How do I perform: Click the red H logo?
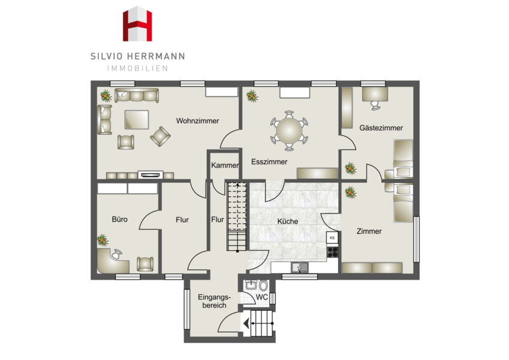pos(137,24)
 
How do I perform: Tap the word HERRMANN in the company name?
pos(156,56)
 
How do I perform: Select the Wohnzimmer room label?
pos(197,121)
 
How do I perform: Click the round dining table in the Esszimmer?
pos(289,131)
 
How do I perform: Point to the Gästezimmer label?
pos(381,128)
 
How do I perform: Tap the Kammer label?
pos(225,166)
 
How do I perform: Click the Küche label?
pos(288,221)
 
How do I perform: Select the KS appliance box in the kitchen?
pos(332,238)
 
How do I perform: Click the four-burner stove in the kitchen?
pos(332,252)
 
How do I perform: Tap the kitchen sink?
pos(300,268)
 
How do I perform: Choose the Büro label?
pos(119,220)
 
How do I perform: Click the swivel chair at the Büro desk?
pos(116,254)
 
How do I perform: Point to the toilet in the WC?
pos(263,286)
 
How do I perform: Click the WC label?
pos(261,297)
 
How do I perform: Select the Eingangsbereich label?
pos(214,301)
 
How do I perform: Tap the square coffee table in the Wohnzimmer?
pos(137,119)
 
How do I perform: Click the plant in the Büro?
pos(103,240)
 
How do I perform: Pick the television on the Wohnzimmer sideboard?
pos(150,175)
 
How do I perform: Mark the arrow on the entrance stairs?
pos(258,323)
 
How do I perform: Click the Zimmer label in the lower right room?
pos(369,232)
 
